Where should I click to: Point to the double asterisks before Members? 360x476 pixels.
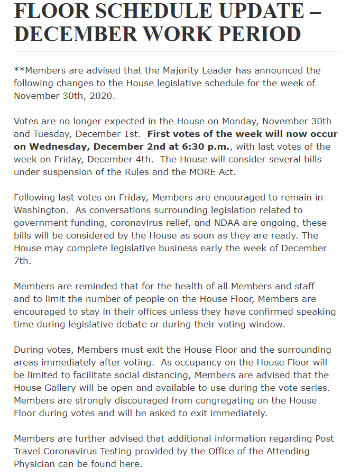click(x=19, y=70)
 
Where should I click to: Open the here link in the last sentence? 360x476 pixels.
click(x=130, y=464)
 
